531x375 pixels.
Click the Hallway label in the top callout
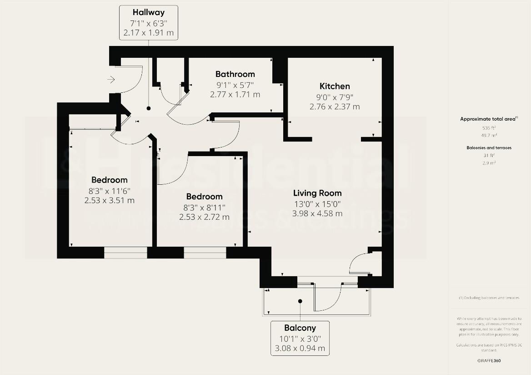click(x=148, y=12)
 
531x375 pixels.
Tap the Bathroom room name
click(x=235, y=74)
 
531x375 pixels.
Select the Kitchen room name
click(x=335, y=86)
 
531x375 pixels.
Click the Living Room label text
click(x=317, y=193)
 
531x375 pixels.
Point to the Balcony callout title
click(x=300, y=328)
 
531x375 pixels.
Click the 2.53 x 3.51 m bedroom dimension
click(x=110, y=200)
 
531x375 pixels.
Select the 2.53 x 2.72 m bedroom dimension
click(x=205, y=217)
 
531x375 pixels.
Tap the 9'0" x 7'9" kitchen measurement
click(x=335, y=97)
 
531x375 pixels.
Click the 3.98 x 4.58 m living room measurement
click(x=317, y=213)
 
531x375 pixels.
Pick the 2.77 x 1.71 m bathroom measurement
click(x=235, y=95)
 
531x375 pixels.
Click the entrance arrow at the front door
click(x=111, y=80)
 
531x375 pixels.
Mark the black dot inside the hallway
click(x=148, y=109)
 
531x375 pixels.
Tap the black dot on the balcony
click(x=300, y=301)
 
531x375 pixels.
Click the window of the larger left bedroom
click(x=125, y=253)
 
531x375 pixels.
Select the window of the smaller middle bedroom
click(x=205, y=253)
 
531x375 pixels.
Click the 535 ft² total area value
click(x=489, y=128)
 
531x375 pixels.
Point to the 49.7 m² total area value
click(x=489, y=135)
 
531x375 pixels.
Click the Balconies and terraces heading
click(x=489, y=148)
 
